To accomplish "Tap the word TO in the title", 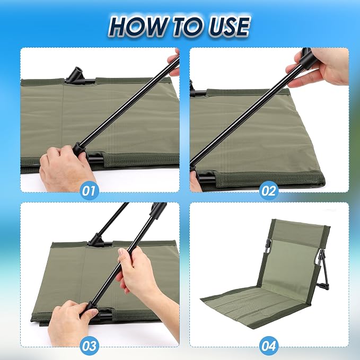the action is coord(187,27).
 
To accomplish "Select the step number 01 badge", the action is coord(89,190).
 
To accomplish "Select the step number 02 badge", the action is coord(269,190).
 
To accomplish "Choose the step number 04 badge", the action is coord(269,346).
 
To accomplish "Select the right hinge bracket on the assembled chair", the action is coord(320,258).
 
